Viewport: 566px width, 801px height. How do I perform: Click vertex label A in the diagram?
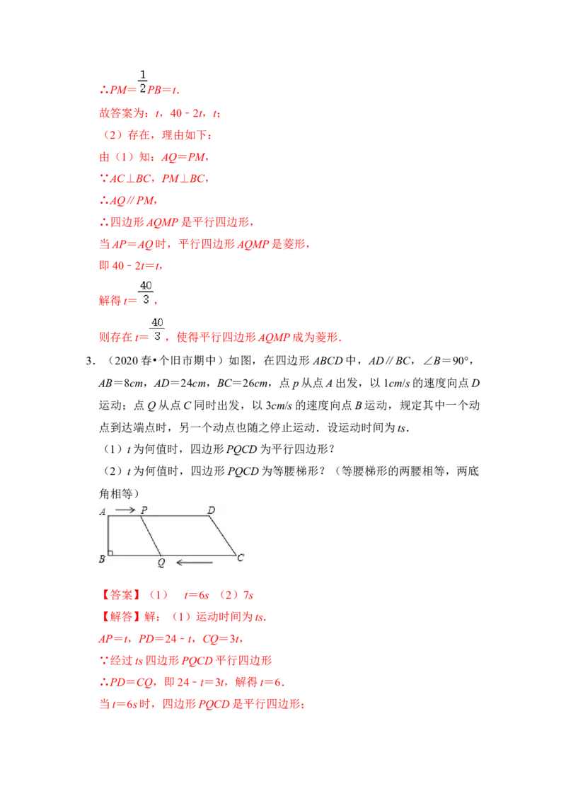click(103, 512)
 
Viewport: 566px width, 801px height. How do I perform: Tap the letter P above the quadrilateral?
click(144, 509)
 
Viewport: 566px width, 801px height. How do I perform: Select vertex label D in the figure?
click(211, 509)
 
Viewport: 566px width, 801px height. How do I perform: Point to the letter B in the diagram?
click(102, 559)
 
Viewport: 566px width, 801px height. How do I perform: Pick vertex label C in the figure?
click(241, 558)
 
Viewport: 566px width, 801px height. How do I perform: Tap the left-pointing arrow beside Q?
click(195, 563)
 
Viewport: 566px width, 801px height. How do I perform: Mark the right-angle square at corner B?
click(111, 552)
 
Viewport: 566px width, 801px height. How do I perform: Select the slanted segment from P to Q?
click(151, 536)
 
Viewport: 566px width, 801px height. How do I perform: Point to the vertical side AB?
click(108, 536)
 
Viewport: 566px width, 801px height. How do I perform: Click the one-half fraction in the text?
click(144, 81)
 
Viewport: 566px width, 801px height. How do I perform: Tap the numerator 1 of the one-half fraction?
click(144, 74)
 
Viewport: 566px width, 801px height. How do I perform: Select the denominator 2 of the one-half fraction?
click(144, 88)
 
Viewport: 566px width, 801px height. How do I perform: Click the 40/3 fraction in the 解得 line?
click(146, 292)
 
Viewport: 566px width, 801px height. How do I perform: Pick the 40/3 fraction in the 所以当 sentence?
click(158, 330)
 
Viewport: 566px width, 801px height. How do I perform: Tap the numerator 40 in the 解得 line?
click(146, 285)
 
